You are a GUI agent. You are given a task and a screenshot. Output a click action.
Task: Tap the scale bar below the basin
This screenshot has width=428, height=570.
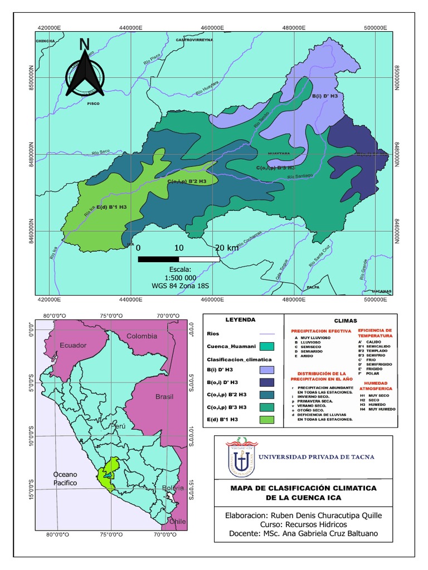click(x=178, y=259)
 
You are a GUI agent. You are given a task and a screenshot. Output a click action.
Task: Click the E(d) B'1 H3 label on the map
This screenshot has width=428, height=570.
click(x=111, y=207)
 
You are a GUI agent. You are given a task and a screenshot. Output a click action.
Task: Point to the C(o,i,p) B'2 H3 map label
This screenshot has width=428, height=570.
click(x=187, y=181)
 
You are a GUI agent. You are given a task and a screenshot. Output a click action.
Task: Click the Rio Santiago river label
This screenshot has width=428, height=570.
click(x=300, y=176)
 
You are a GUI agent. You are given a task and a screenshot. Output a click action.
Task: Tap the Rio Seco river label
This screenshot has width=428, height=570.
click(x=102, y=151)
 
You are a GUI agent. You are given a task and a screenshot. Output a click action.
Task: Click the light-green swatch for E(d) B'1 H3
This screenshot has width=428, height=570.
click(x=266, y=419)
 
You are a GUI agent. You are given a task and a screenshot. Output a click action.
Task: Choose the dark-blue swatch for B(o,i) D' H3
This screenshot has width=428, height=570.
click(x=266, y=382)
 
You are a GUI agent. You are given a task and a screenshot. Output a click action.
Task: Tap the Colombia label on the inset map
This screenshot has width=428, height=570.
click(x=142, y=336)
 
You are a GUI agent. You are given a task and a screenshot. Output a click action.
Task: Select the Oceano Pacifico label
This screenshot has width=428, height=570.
click(x=65, y=478)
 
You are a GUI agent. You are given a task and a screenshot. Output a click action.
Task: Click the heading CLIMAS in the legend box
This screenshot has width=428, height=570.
click(x=346, y=321)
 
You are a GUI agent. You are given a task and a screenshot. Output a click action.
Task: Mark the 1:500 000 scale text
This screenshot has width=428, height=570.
click(x=180, y=277)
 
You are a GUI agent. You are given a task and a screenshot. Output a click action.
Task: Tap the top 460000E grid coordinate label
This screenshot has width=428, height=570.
click(x=212, y=27)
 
